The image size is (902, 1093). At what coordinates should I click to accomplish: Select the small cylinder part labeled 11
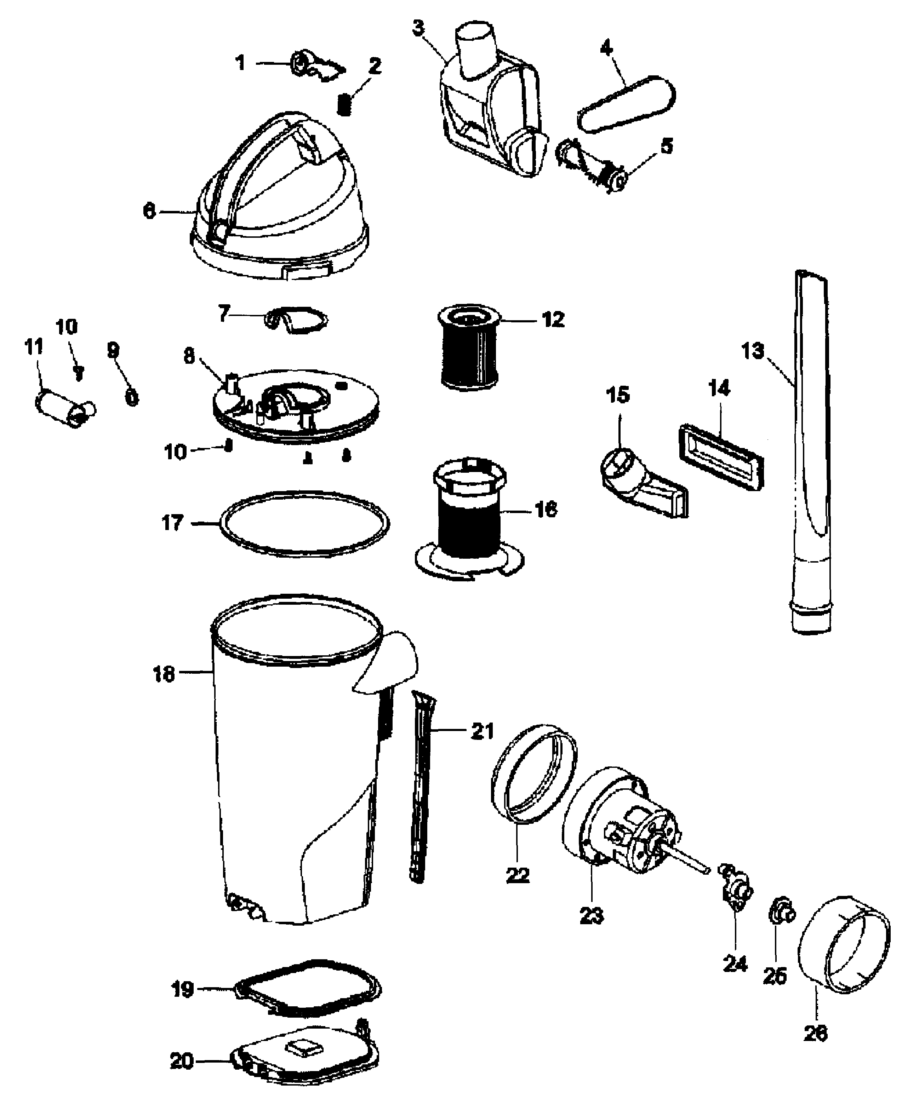pyautogui.click(x=63, y=410)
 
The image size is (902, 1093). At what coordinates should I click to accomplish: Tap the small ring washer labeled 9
pyautogui.click(x=132, y=398)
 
